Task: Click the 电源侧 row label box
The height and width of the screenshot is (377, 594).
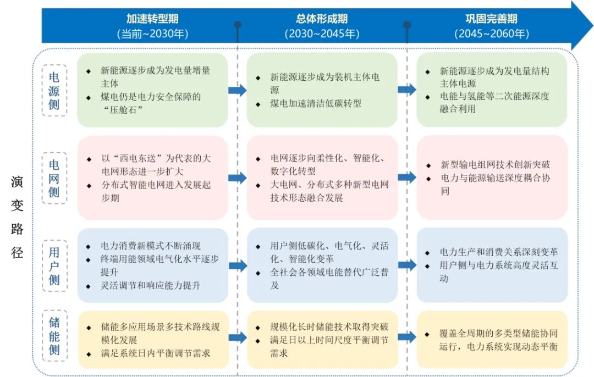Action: (x=54, y=90)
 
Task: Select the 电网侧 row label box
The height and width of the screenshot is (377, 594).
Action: (x=54, y=178)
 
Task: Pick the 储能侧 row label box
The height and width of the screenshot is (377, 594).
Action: (x=54, y=336)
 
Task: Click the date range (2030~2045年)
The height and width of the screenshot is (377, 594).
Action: (x=322, y=34)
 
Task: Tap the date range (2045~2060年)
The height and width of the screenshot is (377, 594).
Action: (x=491, y=34)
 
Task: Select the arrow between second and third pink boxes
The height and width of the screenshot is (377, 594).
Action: (x=407, y=178)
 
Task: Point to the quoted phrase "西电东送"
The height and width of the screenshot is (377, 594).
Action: (x=138, y=158)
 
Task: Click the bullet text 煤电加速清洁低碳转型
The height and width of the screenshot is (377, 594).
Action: (x=315, y=103)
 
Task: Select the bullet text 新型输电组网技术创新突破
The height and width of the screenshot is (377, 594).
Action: (x=494, y=164)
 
